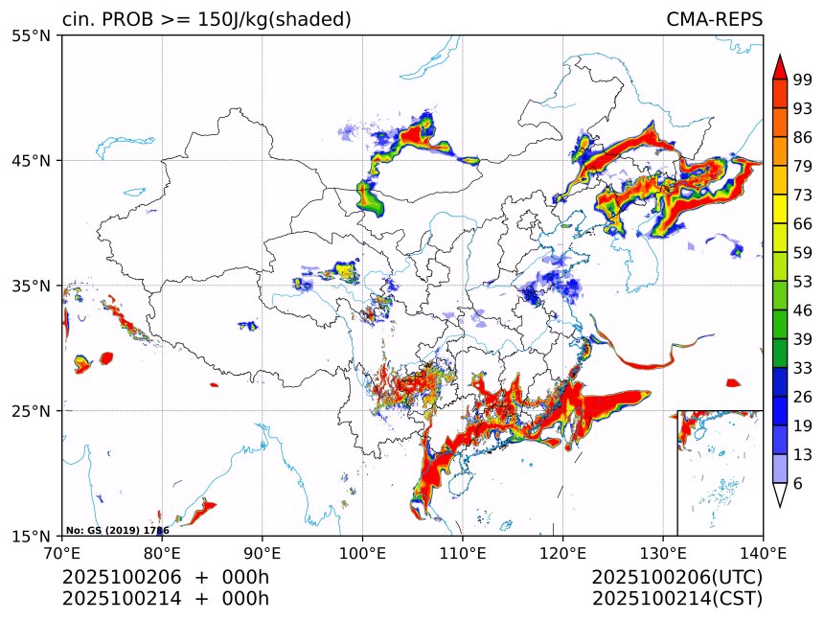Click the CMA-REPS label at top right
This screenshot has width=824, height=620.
pyautogui.click(x=714, y=19)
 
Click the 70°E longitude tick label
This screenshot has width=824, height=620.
pyautogui.click(x=62, y=553)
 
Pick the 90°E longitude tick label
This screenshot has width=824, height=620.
pyautogui.click(x=263, y=553)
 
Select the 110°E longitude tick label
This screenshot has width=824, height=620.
pyautogui.click(x=463, y=553)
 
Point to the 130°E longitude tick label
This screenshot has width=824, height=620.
pyautogui.click(x=663, y=553)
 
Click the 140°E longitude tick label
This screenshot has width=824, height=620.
pyautogui.click(x=763, y=553)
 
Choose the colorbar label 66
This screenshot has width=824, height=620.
pyautogui.click(x=803, y=223)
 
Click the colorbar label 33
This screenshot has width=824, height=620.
pyautogui.click(x=803, y=368)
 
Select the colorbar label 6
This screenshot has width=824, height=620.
pyautogui.click(x=798, y=484)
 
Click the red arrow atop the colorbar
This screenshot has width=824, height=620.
pyautogui.click(x=780, y=66)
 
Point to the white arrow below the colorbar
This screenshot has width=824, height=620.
pyautogui.click(x=780, y=495)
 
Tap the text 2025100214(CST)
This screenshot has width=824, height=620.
pyautogui.click(x=676, y=599)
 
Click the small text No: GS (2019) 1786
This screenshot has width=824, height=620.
pyautogui.click(x=117, y=530)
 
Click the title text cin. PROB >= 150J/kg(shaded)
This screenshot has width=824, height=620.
pyautogui.click(x=206, y=19)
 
